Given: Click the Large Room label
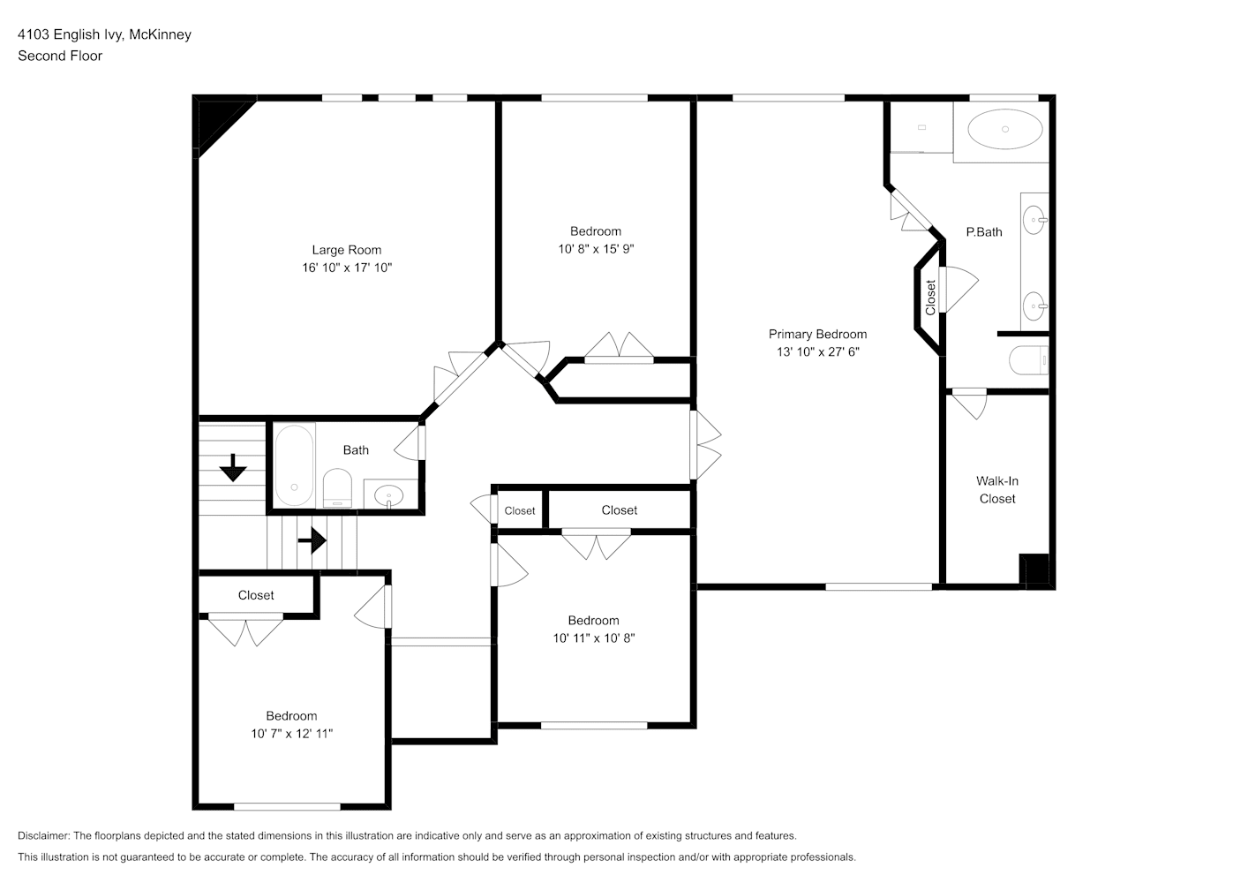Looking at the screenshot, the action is pos(347,250).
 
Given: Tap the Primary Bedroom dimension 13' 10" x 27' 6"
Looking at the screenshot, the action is pos(818,351).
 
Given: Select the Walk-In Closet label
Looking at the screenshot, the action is pos(997,490).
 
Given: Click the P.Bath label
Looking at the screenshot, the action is pos(984,232).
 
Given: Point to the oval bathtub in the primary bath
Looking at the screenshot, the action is pos(1005,129).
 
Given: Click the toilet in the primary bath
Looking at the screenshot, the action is pos(1028,360).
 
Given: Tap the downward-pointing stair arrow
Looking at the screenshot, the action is pos(233,468).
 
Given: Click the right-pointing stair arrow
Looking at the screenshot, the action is pos(312,540).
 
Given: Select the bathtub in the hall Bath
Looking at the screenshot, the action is pos(294,465).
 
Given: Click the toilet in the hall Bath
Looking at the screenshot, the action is pos(338,488).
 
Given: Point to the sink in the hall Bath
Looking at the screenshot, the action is pos(389,495).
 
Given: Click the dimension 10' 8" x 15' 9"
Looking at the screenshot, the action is pos(596,249).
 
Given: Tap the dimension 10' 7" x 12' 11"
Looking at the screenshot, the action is pos(291,734).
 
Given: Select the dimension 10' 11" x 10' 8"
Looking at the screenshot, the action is pos(594,638).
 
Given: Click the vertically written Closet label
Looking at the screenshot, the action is pos(930,297).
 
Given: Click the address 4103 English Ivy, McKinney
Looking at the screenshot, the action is pos(105,34).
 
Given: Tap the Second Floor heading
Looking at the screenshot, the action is pos(60,56).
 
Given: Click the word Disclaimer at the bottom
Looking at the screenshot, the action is pos(44,835).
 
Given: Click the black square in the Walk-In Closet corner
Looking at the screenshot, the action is pos(1034,570).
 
